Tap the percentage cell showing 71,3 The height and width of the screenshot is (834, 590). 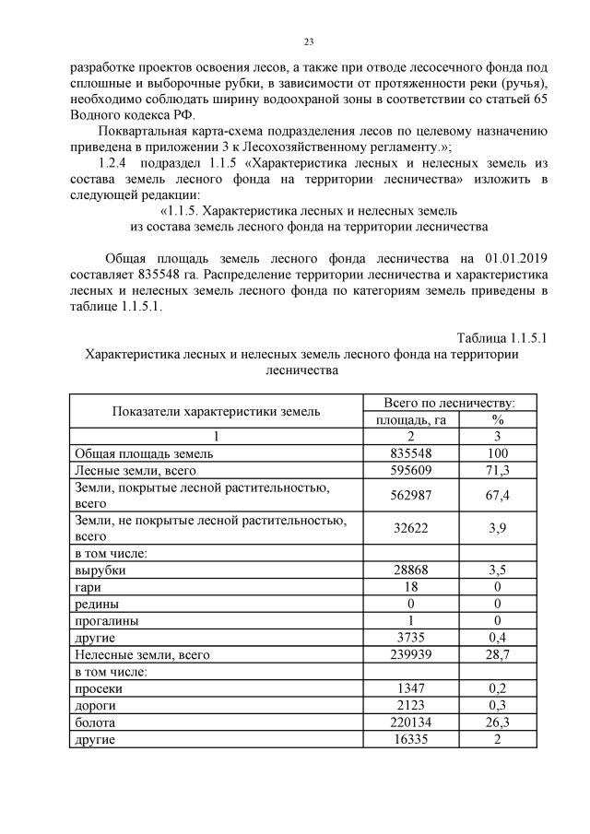[499, 470]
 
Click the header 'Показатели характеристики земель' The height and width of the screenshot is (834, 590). [217, 411]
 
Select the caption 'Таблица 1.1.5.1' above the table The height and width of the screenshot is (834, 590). [502, 338]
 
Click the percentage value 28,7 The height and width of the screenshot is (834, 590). [499, 654]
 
